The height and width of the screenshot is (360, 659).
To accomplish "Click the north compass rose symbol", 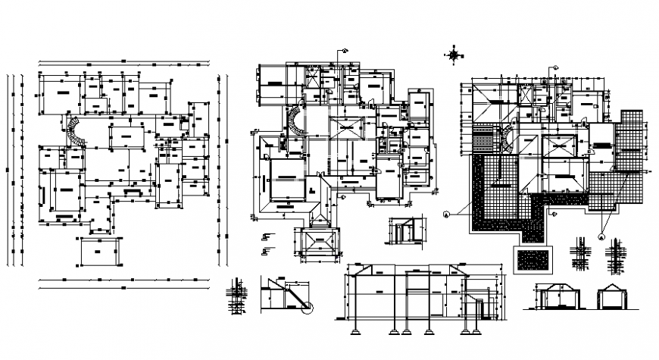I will click(x=454, y=53).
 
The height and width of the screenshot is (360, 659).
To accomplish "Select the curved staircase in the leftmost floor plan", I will click(x=76, y=130).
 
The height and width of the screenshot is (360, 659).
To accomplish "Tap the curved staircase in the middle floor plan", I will click(x=293, y=121).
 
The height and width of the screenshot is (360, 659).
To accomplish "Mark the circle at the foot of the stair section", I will click(x=308, y=306).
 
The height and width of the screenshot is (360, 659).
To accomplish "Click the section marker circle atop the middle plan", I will click(x=343, y=51).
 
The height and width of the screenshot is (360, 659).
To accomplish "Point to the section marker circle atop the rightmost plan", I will click(x=555, y=68).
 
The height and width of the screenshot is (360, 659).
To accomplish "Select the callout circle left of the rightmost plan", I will click(x=447, y=214).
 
